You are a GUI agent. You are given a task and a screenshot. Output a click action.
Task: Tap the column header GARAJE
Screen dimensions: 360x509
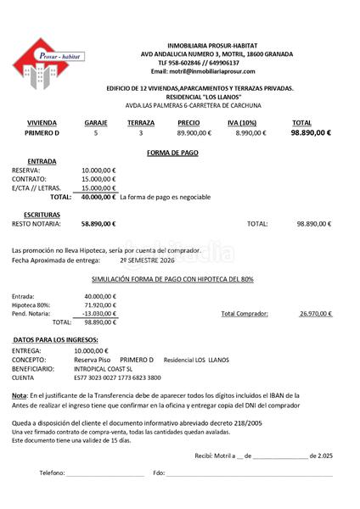point(96,123)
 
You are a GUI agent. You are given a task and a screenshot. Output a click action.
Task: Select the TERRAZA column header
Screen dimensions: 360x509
point(141,123)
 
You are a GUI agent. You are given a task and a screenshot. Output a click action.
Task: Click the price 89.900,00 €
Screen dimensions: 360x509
point(194,133)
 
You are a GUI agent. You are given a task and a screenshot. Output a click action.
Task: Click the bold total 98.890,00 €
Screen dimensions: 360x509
point(311,133)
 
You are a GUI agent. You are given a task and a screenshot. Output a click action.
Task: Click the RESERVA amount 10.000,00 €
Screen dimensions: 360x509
point(99,170)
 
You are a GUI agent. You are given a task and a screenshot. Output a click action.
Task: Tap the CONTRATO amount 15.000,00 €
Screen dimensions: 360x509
point(99,179)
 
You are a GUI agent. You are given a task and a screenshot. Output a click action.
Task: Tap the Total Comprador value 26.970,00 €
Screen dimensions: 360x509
point(315,313)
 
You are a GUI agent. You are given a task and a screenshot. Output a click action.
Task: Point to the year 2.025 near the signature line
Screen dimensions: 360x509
point(323,456)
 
